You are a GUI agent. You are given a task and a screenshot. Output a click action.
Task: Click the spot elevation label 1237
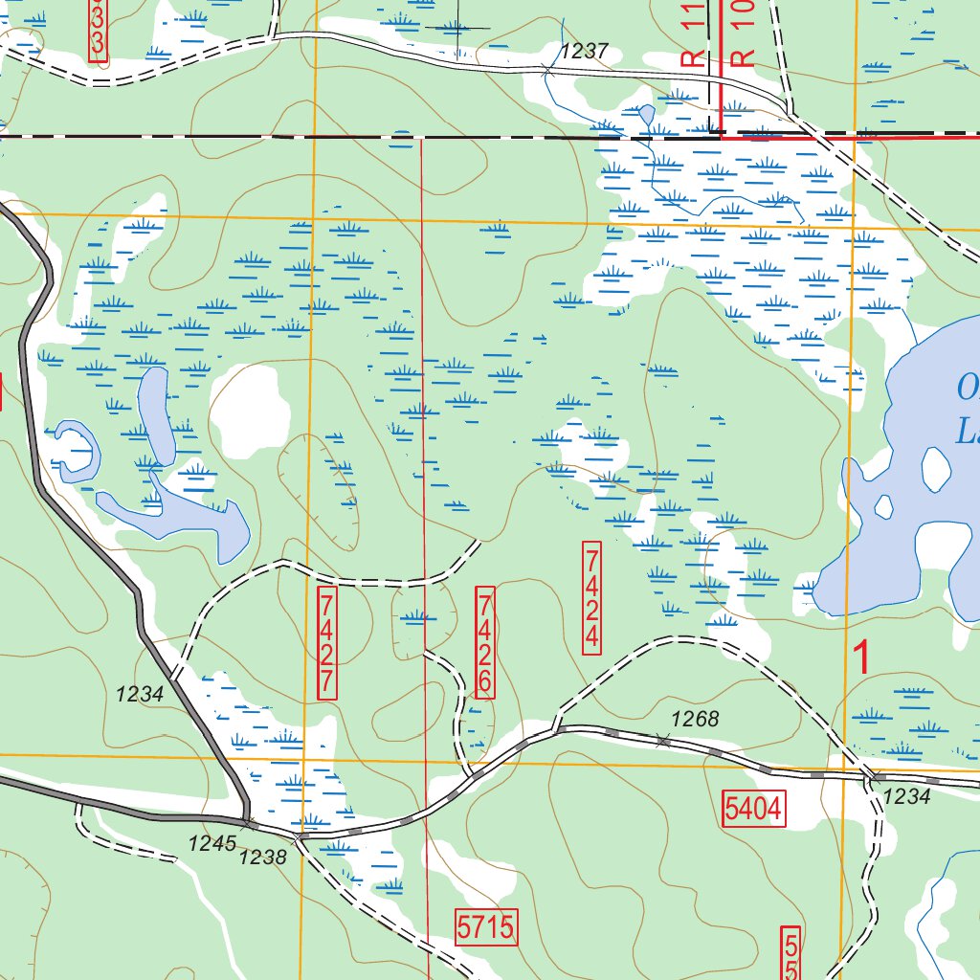point(585,52)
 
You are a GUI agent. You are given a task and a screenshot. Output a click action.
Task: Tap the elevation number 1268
point(694,720)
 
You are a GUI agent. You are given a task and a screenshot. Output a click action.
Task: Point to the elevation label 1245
point(212,843)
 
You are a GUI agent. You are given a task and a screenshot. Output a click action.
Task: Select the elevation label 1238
point(262,857)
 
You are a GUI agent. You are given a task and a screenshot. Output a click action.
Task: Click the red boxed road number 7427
point(327,642)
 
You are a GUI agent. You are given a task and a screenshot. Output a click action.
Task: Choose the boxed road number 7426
point(485,642)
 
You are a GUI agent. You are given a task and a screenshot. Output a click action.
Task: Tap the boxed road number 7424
point(592,597)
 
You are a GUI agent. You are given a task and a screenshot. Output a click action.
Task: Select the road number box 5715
point(486,926)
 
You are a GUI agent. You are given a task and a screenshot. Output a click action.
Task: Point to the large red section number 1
point(862,659)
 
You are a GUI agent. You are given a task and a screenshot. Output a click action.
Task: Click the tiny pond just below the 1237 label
point(647,115)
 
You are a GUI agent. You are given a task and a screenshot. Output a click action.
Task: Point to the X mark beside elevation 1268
point(663,739)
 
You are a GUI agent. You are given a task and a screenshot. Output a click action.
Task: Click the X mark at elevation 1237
point(546,70)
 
